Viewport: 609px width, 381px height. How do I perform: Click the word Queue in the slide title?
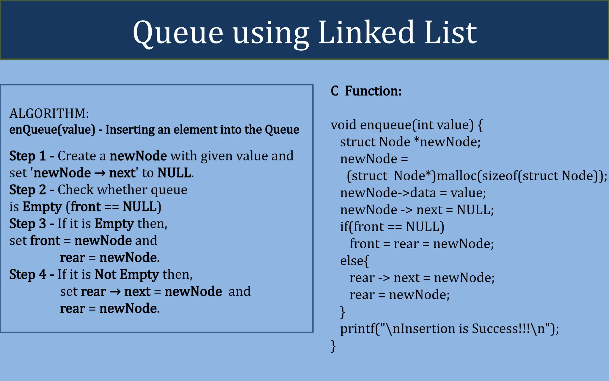pyautogui.click(x=178, y=33)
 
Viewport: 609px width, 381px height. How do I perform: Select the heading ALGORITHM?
pyautogui.click(x=49, y=113)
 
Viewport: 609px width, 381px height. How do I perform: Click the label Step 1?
pyautogui.click(x=27, y=156)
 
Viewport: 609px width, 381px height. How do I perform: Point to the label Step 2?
pyautogui.click(x=27, y=190)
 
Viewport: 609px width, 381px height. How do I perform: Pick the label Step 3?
pyautogui.click(x=27, y=224)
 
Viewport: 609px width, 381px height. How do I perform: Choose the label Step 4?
pyautogui.click(x=27, y=274)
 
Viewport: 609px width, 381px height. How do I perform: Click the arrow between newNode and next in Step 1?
pyautogui.click(x=100, y=173)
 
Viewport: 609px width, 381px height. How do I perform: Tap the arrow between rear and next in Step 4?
pyautogui.click(x=115, y=292)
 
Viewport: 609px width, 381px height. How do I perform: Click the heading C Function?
pyautogui.click(x=366, y=91)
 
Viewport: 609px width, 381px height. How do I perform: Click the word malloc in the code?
pyautogui.click(x=457, y=176)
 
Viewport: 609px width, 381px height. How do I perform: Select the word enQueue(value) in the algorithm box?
pyautogui.click(x=52, y=130)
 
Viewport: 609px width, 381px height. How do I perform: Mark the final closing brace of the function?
pyautogui.click(x=333, y=346)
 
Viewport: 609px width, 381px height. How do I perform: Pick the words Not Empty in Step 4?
pyautogui.click(x=127, y=274)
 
